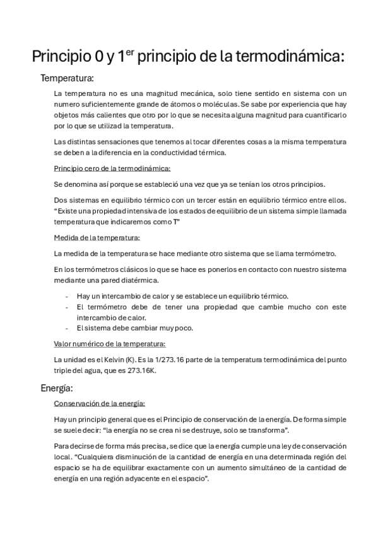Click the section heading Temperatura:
pos(67,79)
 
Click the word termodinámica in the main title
pos(291,57)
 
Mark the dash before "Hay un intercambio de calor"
pos(67,296)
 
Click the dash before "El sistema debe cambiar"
pos(67,328)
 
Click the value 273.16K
pos(143,370)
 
